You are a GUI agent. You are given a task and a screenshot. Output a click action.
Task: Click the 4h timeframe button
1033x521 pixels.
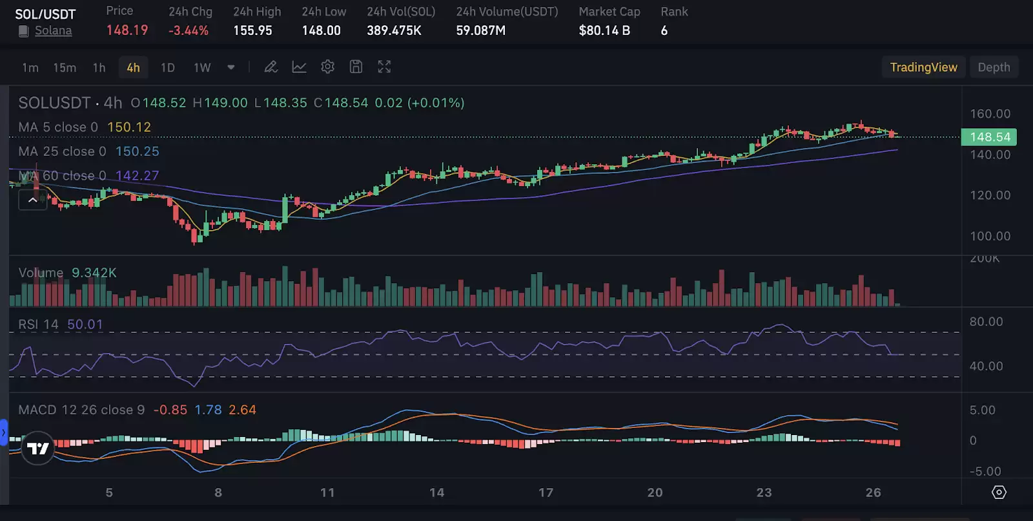[x=133, y=67]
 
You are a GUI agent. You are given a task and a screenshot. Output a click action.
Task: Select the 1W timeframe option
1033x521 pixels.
[x=202, y=67]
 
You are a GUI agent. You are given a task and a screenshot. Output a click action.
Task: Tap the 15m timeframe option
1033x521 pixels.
[x=65, y=67]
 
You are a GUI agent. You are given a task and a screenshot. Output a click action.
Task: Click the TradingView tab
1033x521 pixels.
[x=923, y=67]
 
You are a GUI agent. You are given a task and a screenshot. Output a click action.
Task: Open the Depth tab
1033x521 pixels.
[x=994, y=67]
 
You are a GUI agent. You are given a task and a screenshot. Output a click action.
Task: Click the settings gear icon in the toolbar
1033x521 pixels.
[x=327, y=67]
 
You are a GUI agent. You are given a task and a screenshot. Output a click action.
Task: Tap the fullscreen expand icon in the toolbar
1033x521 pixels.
[x=384, y=67]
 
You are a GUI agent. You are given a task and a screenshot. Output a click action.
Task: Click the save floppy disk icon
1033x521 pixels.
[x=356, y=67]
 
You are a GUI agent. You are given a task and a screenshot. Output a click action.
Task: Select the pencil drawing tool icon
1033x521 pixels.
[x=271, y=67]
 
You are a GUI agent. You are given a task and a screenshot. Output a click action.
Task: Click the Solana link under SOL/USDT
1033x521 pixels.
[x=53, y=30]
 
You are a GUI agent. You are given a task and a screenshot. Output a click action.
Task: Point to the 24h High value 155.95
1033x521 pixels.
[x=252, y=30]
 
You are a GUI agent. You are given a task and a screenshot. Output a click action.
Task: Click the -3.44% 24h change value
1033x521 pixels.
[x=189, y=30]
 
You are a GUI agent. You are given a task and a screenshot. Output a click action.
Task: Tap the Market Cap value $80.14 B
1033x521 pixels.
[x=604, y=30]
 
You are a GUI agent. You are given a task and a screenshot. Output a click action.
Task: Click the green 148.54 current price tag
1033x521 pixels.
[x=989, y=137]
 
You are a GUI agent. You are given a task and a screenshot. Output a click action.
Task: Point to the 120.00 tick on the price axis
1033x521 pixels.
[x=990, y=195]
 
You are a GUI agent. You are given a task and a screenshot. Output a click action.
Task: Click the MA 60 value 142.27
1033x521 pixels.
[x=137, y=176]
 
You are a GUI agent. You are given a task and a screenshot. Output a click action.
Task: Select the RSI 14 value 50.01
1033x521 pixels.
[x=85, y=324]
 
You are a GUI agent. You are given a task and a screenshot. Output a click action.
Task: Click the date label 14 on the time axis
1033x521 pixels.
[x=436, y=493]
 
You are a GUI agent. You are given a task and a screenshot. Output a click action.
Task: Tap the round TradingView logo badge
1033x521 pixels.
[x=37, y=448]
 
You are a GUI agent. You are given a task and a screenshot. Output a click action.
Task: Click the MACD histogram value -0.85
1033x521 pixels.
[x=170, y=410]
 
